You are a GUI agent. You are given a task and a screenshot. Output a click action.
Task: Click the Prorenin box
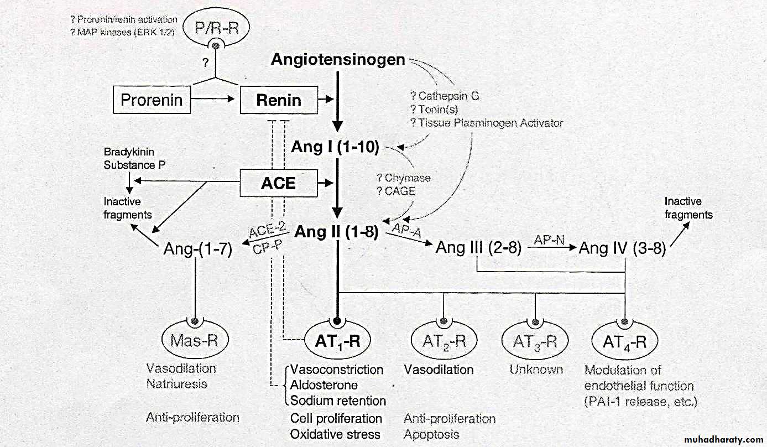[x=152, y=101]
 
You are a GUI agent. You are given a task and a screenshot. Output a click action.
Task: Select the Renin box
[x=279, y=101]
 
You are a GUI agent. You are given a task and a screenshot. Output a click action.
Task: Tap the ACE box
[x=279, y=183]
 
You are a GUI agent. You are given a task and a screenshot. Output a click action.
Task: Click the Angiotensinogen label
[x=338, y=60]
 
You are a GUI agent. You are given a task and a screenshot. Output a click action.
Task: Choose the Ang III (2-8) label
[x=479, y=247]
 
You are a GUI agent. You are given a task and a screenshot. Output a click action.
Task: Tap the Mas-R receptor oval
[x=194, y=340]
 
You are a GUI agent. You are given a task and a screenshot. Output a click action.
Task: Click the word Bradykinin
[x=129, y=152]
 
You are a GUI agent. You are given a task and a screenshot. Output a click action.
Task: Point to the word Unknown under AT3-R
[x=536, y=370]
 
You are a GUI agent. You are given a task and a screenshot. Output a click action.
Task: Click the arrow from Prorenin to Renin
[x=218, y=101]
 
